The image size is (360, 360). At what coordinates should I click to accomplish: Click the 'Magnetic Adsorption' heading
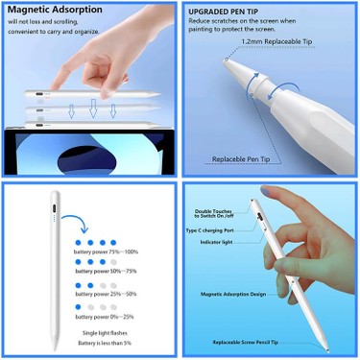58,9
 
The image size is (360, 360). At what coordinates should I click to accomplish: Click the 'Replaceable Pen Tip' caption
245,156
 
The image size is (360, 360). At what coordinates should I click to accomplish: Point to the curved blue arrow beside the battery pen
79,228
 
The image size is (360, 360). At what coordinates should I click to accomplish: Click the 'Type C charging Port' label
215,230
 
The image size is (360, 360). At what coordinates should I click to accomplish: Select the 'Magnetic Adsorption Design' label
233,295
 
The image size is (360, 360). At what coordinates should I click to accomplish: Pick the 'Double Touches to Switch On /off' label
216,214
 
